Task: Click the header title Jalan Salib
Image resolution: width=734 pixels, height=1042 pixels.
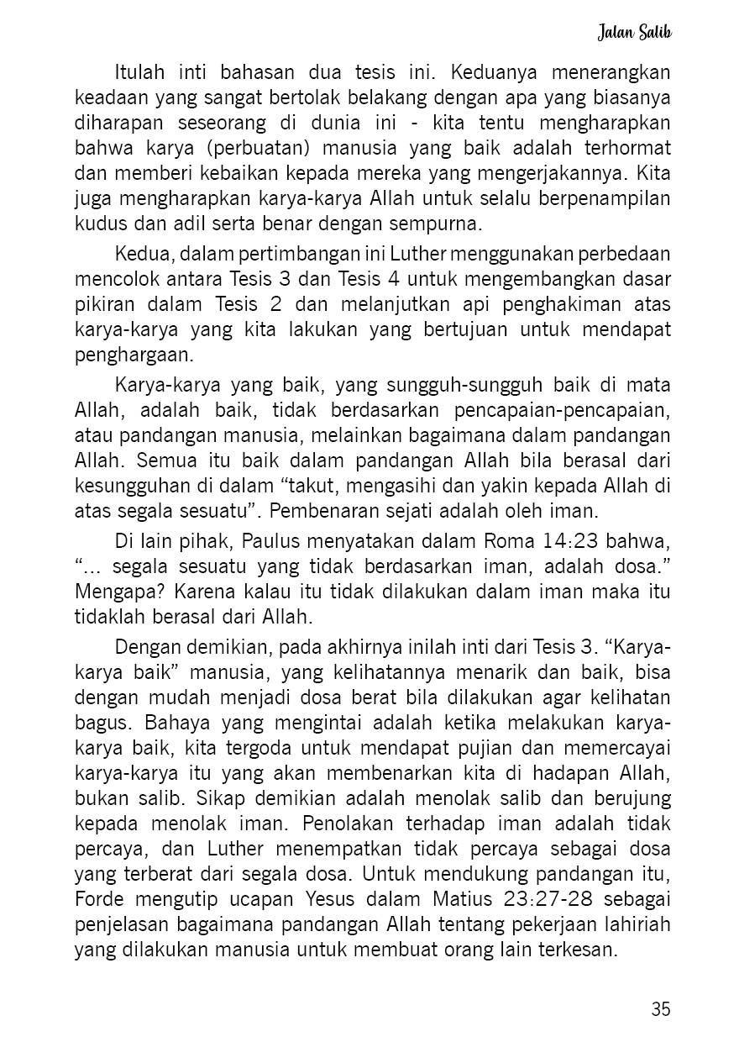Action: (635, 33)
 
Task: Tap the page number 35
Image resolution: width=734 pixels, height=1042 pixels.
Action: (660, 1009)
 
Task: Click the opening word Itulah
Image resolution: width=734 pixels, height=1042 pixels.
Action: (140, 72)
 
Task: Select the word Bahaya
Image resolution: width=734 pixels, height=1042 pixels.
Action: (174, 722)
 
